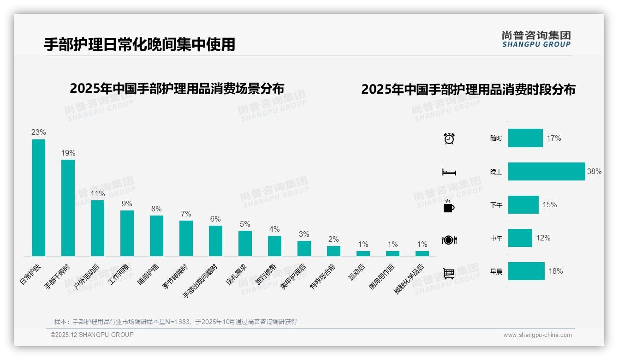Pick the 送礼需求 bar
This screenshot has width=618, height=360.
245,243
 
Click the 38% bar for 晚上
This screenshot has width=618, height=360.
547,171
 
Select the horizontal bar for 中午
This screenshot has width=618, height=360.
520,238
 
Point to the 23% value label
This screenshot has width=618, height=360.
38,132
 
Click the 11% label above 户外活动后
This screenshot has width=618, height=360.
97,193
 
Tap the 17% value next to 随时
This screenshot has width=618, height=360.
554,138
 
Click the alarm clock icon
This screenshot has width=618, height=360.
449,138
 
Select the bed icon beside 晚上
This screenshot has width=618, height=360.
449,172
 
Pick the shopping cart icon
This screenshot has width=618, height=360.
449,273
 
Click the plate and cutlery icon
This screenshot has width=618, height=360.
449,240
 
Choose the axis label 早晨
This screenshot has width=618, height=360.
496,271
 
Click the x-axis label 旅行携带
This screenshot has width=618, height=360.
265,275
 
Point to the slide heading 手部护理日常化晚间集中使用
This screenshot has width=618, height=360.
139,44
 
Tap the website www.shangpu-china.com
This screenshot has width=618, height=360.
537,335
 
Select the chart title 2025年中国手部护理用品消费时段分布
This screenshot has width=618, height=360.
468,89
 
